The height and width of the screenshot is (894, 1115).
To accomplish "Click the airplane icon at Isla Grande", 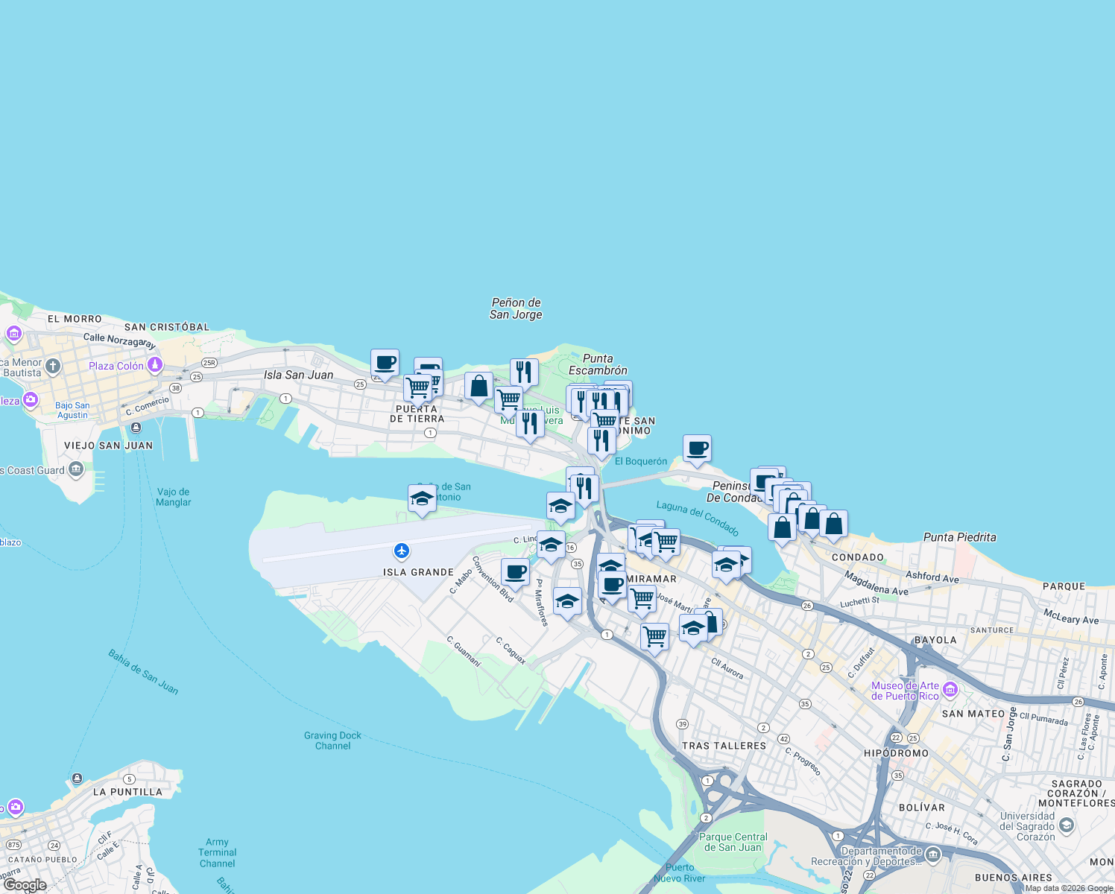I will click(x=402, y=551).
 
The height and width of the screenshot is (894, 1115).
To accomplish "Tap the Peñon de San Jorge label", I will click(x=516, y=308).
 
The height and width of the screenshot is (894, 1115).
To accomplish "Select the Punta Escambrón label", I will click(x=598, y=364).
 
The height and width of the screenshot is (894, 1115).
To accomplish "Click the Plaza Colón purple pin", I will click(x=155, y=364).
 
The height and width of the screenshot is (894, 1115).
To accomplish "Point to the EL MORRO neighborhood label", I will click(x=75, y=319).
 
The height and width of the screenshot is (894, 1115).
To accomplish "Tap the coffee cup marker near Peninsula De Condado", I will click(x=697, y=448).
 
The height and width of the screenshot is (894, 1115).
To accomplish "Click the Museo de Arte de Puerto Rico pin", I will click(x=950, y=690).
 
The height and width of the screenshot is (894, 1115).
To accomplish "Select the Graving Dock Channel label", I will click(x=332, y=741).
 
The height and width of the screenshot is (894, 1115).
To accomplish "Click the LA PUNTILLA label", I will click(x=127, y=792).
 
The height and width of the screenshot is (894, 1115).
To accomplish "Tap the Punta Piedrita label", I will click(x=959, y=537).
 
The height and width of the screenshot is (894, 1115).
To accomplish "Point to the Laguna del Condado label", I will click(x=698, y=518).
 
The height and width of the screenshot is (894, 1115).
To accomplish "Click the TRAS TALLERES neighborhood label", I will click(x=724, y=746).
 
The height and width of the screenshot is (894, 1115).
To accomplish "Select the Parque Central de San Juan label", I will click(x=733, y=842).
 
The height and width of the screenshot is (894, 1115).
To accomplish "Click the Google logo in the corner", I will click(x=25, y=885).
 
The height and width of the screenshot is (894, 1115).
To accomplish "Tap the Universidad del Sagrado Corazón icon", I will click(x=1067, y=825).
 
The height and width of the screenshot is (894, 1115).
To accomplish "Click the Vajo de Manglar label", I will click(x=174, y=497).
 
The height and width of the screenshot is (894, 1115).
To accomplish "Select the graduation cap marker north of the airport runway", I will click(x=422, y=498).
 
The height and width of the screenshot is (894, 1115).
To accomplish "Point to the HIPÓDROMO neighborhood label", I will click(x=896, y=753).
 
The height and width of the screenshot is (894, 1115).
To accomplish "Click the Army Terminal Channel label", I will click(x=217, y=853).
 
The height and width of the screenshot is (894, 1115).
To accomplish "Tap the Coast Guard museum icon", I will click(x=76, y=469).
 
